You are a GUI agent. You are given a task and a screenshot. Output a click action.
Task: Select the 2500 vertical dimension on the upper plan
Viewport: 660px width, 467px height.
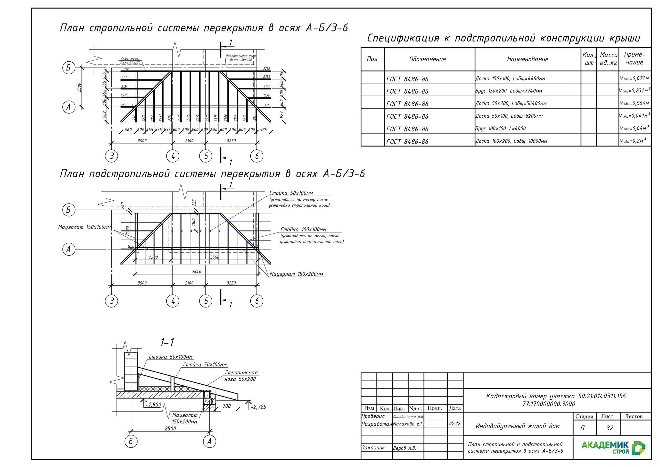pyautogui.click(x=79, y=87)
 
